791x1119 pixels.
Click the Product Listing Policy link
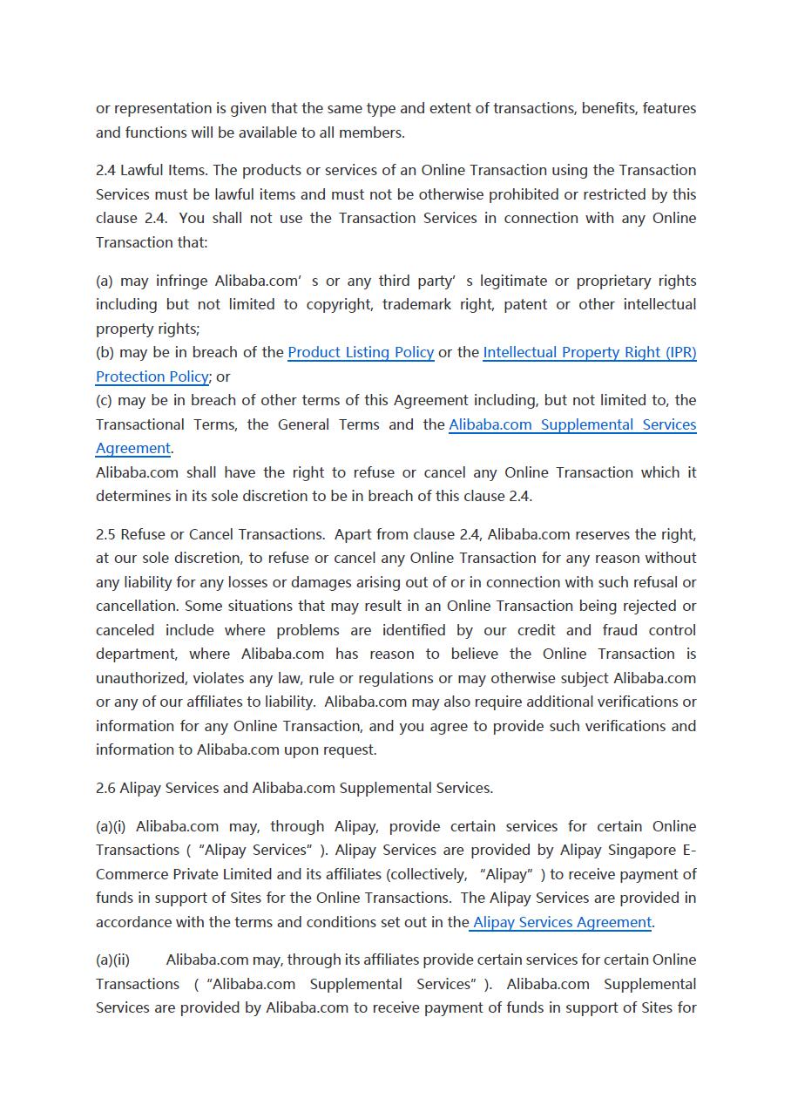(x=361, y=352)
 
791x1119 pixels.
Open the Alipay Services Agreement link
(x=562, y=922)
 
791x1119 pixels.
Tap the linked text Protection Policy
(x=152, y=376)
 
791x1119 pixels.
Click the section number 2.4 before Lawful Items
(x=106, y=170)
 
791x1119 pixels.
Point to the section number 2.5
(x=106, y=534)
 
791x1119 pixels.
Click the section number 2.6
(x=106, y=788)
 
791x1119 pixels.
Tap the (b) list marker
(x=105, y=352)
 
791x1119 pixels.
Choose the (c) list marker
(x=105, y=400)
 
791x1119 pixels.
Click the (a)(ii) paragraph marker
(x=112, y=960)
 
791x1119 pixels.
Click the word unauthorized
(x=139, y=678)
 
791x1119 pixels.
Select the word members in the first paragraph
(x=375, y=132)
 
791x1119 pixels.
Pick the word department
(x=136, y=654)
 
